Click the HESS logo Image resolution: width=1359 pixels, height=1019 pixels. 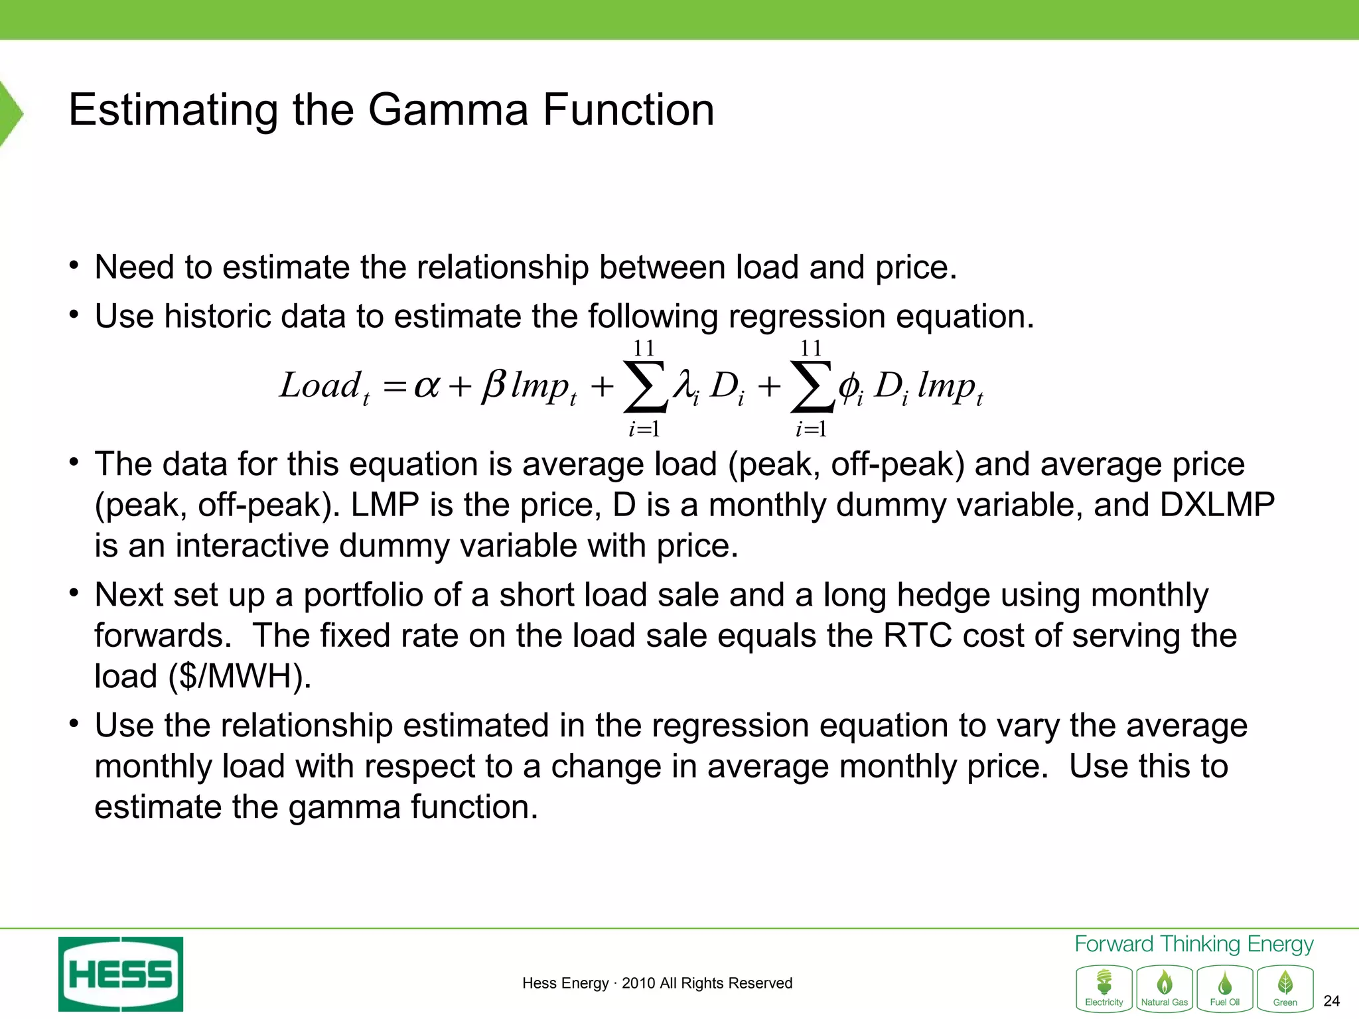point(121,974)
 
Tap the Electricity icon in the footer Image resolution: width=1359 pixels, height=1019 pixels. point(1104,988)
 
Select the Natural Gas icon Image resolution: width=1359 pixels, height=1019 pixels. point(1165,988)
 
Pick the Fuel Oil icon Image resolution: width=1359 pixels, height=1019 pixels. point(1225,988)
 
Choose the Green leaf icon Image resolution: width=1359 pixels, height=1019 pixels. point(1285,988)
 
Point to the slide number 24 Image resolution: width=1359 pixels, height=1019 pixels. point(1331,1001)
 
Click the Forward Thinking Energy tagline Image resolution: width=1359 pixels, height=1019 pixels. point(1194,944)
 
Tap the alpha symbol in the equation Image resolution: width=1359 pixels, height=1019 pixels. point(426,385)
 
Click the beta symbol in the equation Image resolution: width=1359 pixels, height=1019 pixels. point(494,385)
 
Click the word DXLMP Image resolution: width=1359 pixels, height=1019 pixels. point(1217,505)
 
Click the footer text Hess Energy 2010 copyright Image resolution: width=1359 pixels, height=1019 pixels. point(657,983)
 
